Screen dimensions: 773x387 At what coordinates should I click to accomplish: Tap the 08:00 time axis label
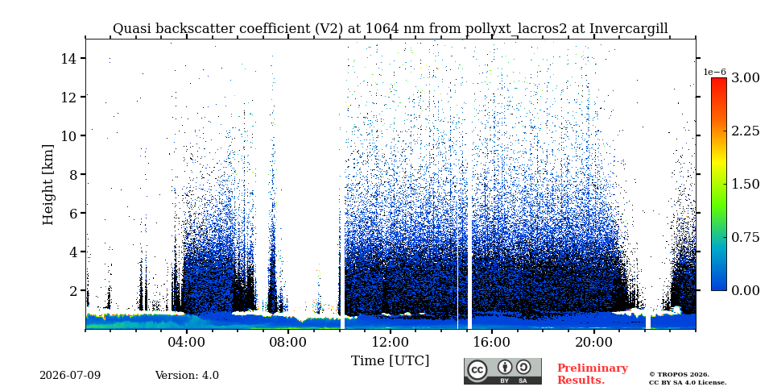click(288, 343)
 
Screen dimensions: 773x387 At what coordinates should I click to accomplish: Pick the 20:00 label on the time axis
click(593, 343)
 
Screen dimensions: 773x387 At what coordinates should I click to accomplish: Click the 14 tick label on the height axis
click(69, 58)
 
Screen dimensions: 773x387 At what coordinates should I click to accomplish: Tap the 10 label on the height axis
click(69, 135)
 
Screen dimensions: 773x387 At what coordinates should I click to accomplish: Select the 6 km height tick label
click(73, 213)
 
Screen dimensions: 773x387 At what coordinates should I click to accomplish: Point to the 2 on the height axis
click(73, 291)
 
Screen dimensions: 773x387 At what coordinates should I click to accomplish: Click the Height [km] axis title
click(48, 185)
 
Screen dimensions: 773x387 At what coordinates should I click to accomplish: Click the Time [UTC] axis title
click(390, 361)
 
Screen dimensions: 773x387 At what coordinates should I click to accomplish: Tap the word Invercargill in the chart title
click(629, 29)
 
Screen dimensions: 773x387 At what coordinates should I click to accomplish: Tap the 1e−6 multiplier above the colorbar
click(715, 72)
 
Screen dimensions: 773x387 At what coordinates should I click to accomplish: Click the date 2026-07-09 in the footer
click(70, 376)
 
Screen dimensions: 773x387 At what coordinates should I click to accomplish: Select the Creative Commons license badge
click(502, 371)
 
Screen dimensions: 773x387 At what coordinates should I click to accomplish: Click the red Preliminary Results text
click(593, 374)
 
